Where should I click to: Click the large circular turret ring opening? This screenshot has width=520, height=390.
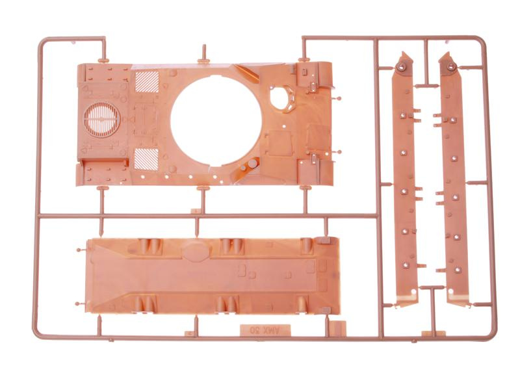(x=216, y=120)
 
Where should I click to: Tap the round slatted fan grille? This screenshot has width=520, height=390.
(x=102, y=118)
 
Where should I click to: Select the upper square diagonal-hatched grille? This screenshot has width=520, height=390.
(x=147, y=82)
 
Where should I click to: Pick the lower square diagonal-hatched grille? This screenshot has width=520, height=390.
(x=146, y=159)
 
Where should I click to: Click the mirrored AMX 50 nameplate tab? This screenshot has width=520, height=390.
(x=265, y=330)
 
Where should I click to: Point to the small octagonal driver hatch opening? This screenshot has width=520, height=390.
(x=281, y=98)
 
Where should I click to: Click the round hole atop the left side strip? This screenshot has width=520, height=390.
(x=402, y=67)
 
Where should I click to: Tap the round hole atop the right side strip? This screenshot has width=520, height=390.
(x=450, y=67)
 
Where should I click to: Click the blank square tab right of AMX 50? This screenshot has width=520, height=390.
(x=338, y=328)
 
